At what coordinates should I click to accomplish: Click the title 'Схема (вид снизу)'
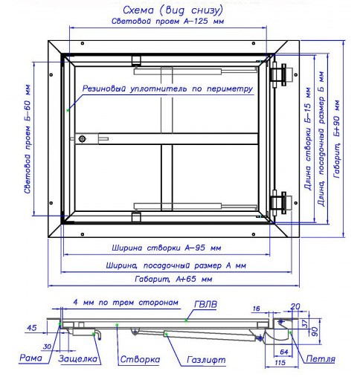173,10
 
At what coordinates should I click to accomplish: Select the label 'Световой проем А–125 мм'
167,21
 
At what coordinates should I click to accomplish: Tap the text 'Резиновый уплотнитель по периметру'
167,88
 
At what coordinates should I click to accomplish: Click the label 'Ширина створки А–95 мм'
167,248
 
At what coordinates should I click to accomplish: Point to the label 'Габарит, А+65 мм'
173,280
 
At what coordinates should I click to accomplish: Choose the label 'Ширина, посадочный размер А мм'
176,265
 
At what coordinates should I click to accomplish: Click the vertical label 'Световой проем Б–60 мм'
28,139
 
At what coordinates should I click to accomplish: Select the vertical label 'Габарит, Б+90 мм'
337,139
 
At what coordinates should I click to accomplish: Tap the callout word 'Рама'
30,358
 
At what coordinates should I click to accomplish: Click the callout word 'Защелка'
78,359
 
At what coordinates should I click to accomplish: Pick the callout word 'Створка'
140,359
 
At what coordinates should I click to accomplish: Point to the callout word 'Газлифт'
206,360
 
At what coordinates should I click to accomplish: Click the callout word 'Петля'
321,358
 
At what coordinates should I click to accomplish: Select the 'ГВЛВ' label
205,304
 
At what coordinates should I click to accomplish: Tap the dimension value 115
280,363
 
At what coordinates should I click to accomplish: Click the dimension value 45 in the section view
32,328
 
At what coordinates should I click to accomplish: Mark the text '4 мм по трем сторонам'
126,303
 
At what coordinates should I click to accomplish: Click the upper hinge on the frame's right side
282,74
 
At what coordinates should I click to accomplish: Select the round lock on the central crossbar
83,139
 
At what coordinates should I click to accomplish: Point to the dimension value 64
284,352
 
